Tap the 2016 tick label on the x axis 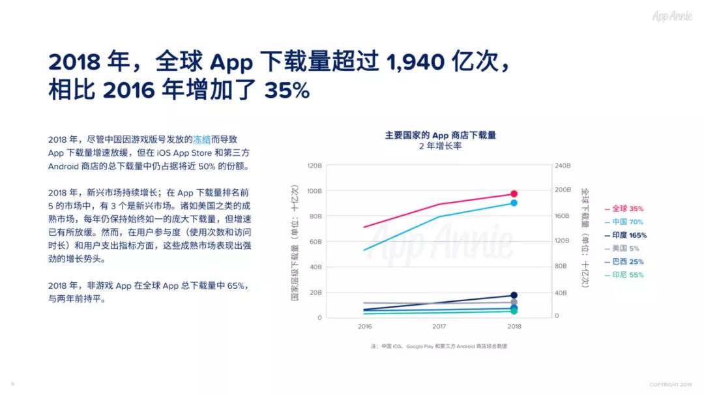coord(364,327)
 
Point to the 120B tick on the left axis coord(314,166)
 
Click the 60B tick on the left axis coord(315,242)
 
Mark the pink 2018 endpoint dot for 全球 coord(514,194)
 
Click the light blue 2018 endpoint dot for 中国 coord(514,203)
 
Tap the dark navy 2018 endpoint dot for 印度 coord(514,295)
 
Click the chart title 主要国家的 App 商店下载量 coord(440,135)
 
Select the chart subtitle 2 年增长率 coord(440,146)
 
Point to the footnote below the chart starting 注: coord(438,346)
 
